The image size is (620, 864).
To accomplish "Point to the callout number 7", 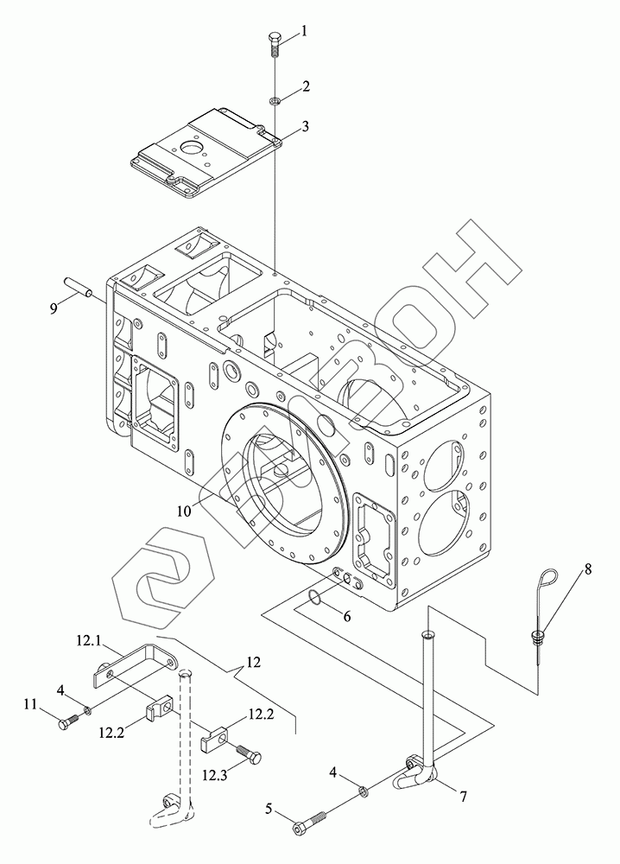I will click(x=463, y=796).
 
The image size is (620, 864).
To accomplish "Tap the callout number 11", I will click(x=31, y=706).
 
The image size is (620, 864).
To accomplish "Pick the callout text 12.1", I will click(x=88, y=640).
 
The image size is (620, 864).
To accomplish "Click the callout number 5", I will click(x=269, y=810).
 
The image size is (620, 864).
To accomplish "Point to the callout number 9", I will click(x=54, y=307).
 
